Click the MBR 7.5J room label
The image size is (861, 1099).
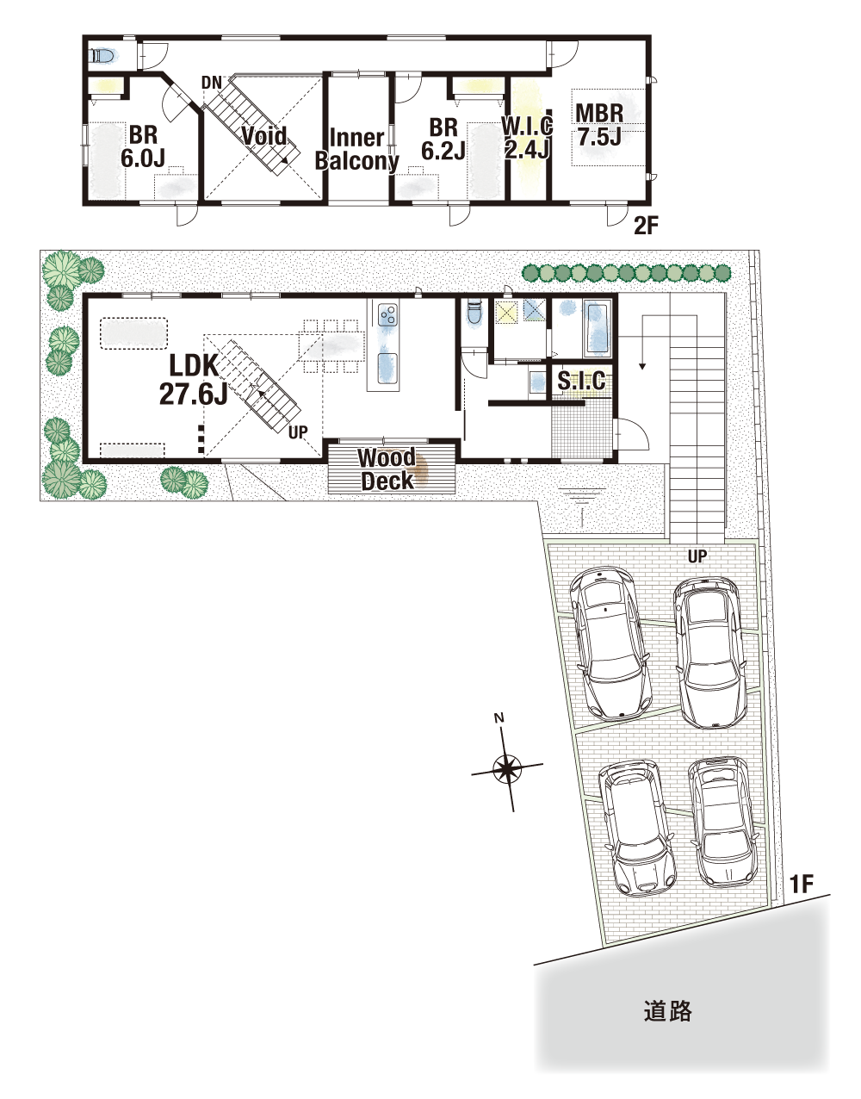599,124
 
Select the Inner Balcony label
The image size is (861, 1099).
357,149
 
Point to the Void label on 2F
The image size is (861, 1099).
264,135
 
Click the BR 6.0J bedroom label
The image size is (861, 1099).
143,146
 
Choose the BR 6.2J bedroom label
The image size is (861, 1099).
443,139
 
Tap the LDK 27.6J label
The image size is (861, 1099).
194,380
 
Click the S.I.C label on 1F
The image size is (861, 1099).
581,381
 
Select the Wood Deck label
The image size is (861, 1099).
387,469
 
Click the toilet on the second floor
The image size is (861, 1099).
103,55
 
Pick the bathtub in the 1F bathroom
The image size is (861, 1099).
598,329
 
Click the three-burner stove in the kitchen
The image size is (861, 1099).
387,315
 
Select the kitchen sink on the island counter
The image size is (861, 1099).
387,369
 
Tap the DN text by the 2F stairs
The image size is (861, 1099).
211,83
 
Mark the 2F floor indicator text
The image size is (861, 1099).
647,226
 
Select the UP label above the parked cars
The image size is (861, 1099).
697,557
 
